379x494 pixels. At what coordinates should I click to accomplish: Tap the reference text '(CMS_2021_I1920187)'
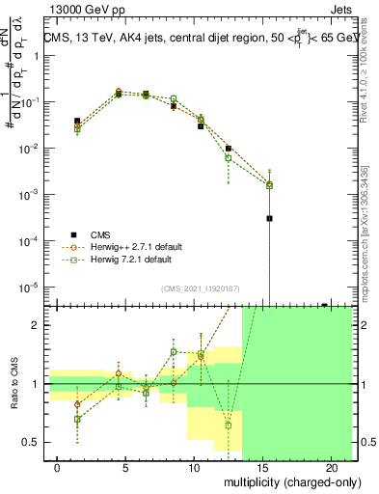point(199,287)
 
